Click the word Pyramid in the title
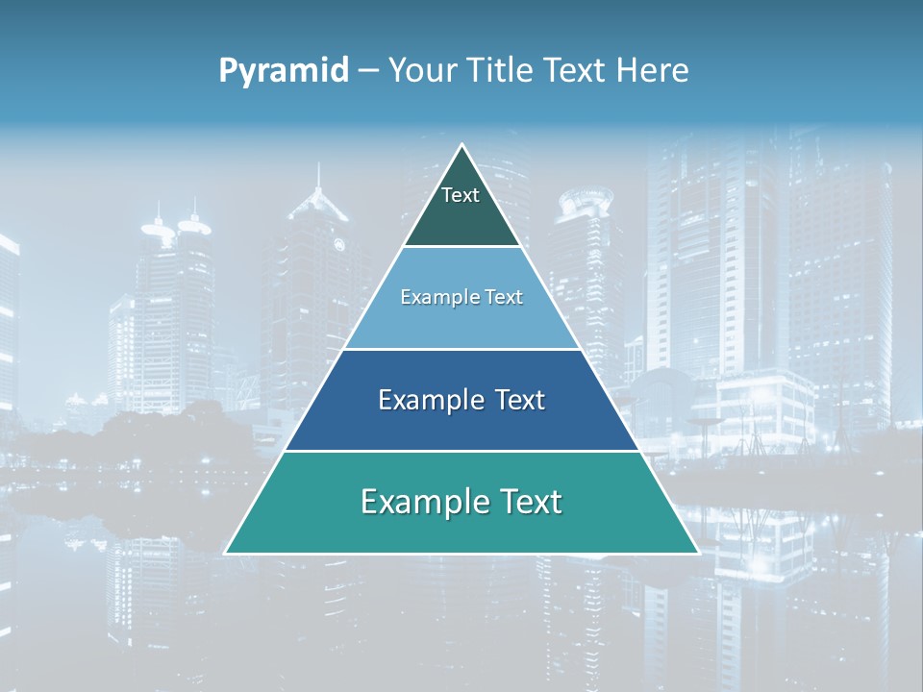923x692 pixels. click(x=284, y=71)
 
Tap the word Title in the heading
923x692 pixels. click(x=500, y=71)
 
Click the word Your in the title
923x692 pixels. click(x=421, y=71)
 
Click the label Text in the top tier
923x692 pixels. click(x=461, y=195)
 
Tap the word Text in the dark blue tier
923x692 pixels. click(x=515, y=400)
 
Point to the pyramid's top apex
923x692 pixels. click(x=461, y=146)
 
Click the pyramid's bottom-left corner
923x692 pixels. click(x=227, y=553)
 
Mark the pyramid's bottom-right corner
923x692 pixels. click(x=697, y=553)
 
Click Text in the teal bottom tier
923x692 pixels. click(x=530, y=502)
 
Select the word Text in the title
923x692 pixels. click(x=575, y=71)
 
